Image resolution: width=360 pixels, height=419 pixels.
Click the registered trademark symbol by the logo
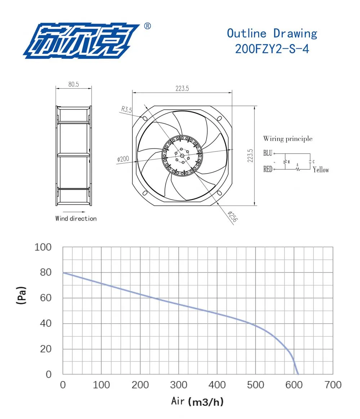[147, 26]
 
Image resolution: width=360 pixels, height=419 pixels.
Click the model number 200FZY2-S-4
[272, 49]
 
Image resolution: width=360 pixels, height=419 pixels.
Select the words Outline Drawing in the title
[272, 34]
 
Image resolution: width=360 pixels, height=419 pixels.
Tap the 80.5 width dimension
[73, 84]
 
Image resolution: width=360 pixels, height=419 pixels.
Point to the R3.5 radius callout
[127, 109]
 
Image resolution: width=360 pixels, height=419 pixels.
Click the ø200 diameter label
[123, 159]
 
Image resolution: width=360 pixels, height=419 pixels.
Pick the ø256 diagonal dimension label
[233, 217]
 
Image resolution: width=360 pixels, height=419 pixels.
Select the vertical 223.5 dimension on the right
[250, 156]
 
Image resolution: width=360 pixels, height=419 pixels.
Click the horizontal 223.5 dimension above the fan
[182, 89]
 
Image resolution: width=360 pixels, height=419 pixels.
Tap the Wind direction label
[76, 219]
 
